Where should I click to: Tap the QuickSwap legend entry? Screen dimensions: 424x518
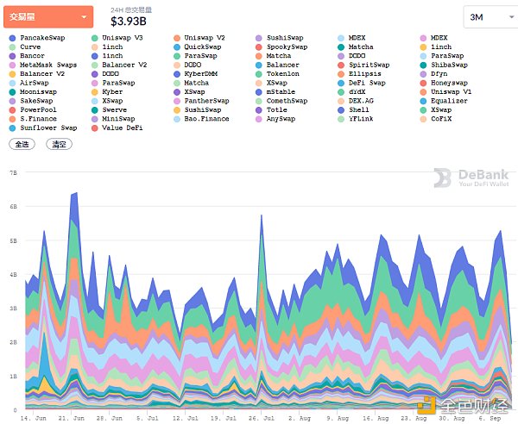pos(204,47)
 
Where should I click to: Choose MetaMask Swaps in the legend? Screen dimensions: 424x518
pos(47,65)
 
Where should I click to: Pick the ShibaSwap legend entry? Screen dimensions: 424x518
pos(448,65)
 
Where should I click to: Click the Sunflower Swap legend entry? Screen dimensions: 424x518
pos(47,128)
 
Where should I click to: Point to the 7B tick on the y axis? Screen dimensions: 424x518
pos(13,172)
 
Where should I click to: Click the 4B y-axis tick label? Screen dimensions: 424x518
pos(13,274)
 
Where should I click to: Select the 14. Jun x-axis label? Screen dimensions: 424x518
pos(34,417)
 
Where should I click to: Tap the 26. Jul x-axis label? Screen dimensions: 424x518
pos(262,417)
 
